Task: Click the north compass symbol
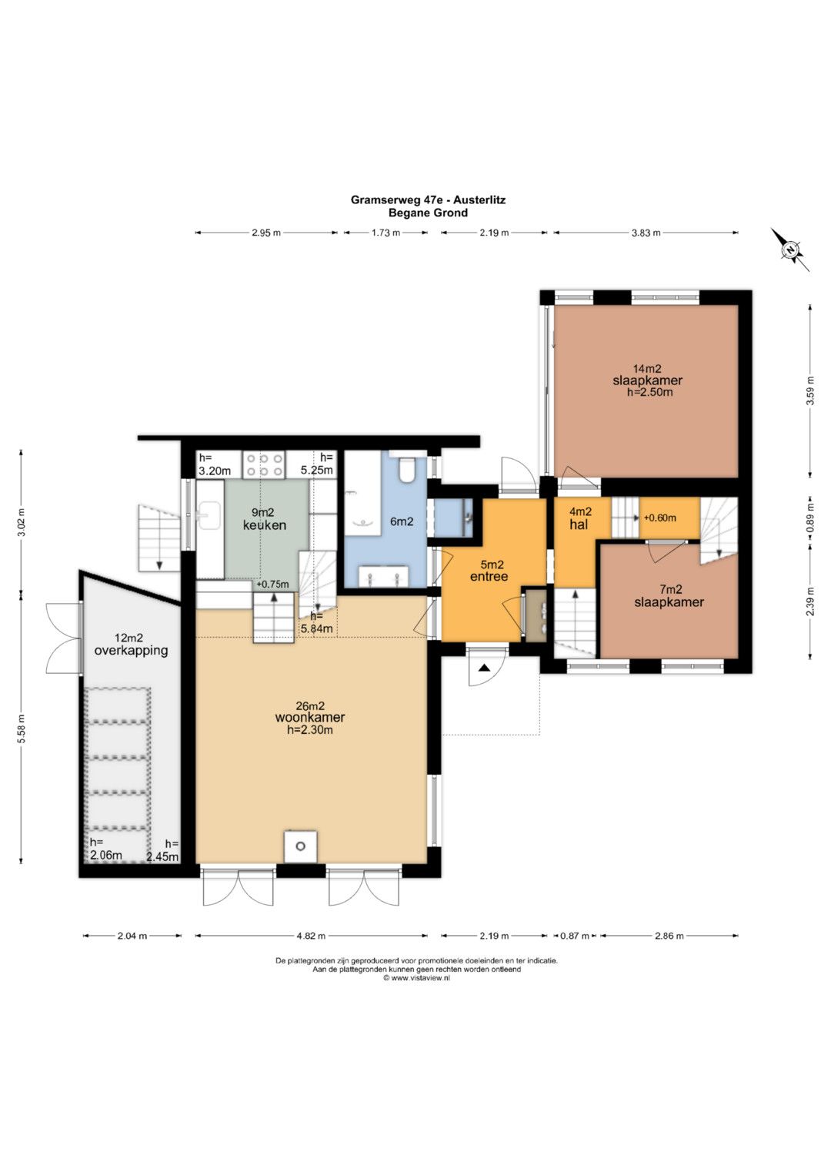pos(790,250)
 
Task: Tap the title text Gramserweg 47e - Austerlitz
pos(428,200)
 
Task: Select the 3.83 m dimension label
pos(646,233)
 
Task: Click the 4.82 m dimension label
pos(311,936)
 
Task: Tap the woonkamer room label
pos(310,717)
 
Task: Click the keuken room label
pos(265,525)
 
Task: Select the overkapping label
pos(131,651)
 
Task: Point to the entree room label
pos(489,577)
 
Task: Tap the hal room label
pos(579,524)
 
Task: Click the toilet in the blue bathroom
pos(406,470)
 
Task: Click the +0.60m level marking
pos(660,518)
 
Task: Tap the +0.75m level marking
pos(272,584)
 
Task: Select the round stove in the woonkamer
pos(301,846)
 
